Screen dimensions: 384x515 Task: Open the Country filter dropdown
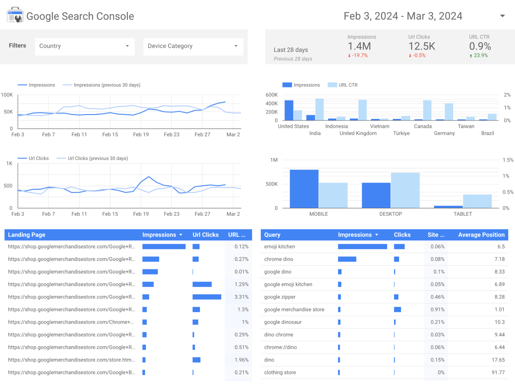click(85, 46)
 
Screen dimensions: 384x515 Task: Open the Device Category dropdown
click(193, 46)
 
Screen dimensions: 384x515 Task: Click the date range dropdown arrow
click(502, 16)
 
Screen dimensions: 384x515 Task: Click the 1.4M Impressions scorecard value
click(359, 46)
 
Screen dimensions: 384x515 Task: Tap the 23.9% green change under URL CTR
click(480, 55)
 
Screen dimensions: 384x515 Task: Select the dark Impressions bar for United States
click(289, 110)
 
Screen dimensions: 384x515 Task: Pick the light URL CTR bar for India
click(319, 109)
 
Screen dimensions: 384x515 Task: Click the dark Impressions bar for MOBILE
click(304, 189)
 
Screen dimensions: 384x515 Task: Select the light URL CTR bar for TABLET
click(477, 201)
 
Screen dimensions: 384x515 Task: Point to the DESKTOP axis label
click(391, 214)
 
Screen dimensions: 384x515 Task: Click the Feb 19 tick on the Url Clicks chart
click(141, 214)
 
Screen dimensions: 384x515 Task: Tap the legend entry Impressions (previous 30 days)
click(107, 85)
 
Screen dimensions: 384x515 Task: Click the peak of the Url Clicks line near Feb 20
click(149, 177)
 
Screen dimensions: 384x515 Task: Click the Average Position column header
click(481, 235)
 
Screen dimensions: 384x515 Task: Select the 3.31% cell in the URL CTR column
click(241, 297)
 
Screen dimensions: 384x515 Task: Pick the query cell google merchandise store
click(294, 310)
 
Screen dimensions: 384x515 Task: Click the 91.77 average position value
click(498, 372)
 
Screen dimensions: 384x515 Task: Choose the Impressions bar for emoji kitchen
click(362, 247)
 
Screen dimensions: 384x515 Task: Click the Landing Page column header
click(27, 235)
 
